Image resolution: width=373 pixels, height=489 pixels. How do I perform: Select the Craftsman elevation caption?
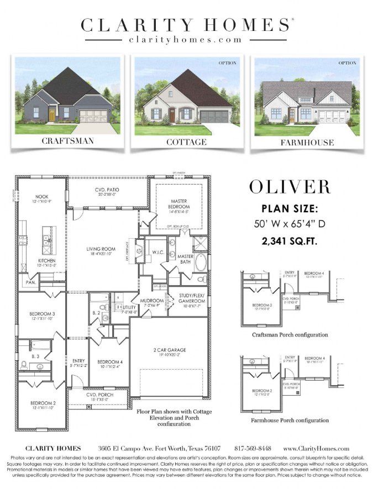68,141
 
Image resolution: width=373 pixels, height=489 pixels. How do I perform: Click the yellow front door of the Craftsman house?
51,115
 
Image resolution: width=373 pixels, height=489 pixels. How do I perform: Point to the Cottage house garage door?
215,117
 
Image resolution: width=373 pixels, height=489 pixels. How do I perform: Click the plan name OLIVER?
290,187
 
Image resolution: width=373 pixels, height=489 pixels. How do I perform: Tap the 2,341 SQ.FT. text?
290,241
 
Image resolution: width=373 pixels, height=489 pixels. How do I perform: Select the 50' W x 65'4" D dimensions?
290,224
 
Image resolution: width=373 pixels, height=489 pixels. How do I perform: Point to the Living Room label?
101,249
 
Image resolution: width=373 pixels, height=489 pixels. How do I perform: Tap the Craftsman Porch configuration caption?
290,335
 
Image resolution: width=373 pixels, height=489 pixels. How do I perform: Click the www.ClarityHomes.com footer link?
316,449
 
